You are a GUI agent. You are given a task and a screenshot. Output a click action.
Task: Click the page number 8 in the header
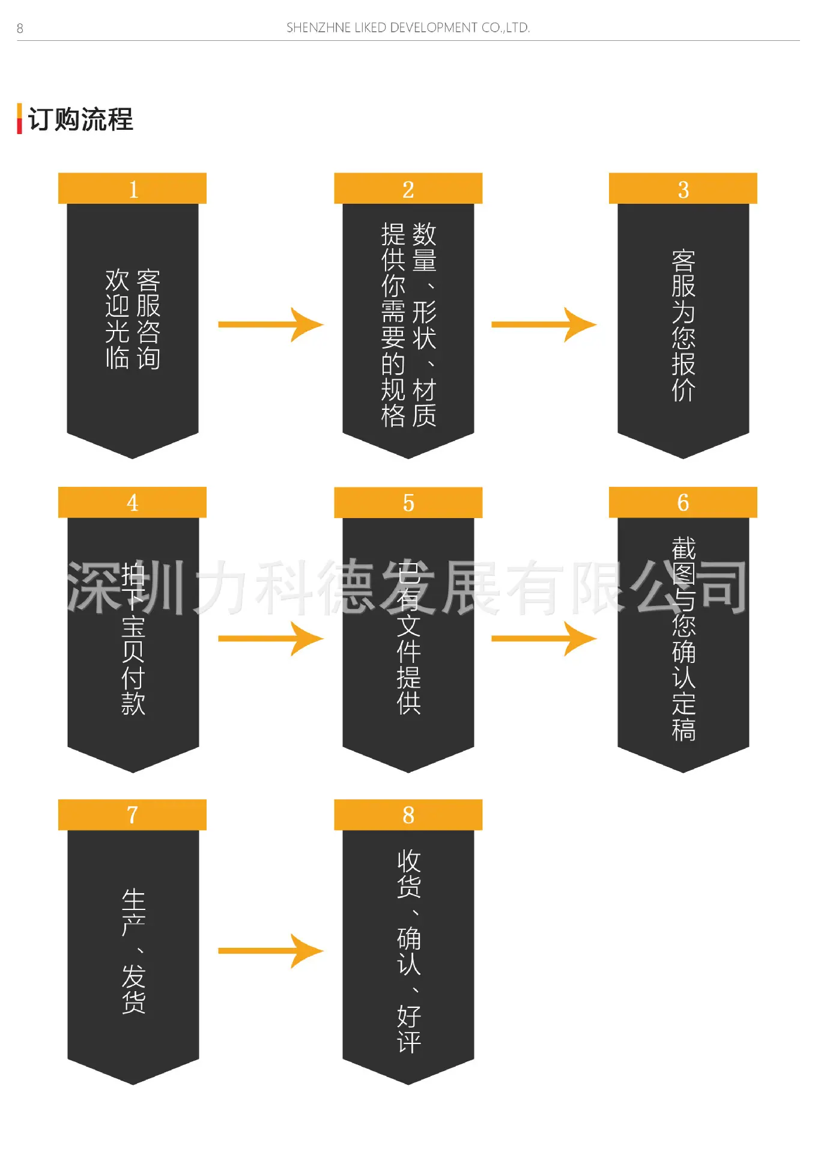tap(20, 28)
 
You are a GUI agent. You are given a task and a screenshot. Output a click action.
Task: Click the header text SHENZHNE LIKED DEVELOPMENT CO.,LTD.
tap(408, 28)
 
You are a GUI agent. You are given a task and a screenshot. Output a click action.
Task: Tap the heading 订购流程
tap(80, 119)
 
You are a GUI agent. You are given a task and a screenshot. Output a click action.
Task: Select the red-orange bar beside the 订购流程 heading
tap(19, 118)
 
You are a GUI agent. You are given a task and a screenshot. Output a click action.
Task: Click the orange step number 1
tap(133, 189)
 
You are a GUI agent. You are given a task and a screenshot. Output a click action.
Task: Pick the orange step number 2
tap(408, 189)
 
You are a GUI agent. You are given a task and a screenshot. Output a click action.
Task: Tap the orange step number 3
tap(683, 189)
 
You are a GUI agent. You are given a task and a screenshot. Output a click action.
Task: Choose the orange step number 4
tap(133, 502)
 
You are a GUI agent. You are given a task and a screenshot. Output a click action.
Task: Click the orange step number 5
tap(408, 502)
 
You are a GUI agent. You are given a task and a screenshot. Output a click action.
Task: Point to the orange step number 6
tap(683, 502)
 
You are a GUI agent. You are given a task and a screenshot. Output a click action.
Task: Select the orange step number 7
tap(133, 815)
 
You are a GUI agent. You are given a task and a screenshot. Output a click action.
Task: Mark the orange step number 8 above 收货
tap(408, 815)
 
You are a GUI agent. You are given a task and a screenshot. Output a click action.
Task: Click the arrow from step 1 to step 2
tap(271, 325)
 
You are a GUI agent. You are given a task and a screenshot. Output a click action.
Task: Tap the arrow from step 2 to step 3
tap(544, 325)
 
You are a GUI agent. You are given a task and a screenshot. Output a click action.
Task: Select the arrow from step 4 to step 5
tap(271, 638)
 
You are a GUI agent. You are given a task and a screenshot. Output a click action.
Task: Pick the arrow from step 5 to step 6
tap(544, 638)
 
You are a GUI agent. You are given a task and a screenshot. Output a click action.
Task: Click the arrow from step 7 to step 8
tap(271, 951)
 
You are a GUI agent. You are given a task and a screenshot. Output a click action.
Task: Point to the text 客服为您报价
tap(683, 325)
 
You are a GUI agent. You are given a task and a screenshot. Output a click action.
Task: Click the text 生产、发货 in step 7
tap(133, 951)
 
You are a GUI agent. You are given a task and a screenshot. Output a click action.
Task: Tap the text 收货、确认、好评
tap(409, 951)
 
